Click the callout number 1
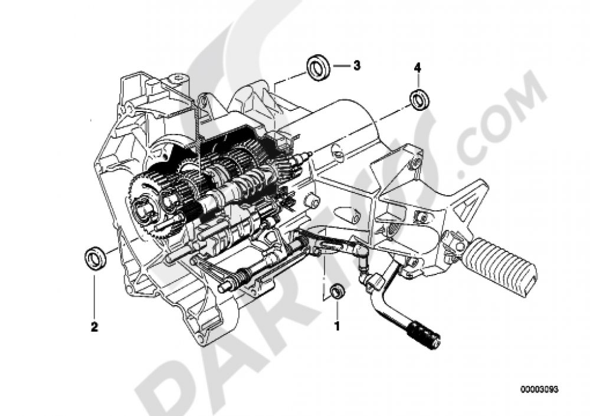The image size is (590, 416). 337,326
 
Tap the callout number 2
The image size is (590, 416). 94,326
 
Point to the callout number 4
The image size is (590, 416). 417,68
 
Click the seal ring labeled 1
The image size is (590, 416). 337,291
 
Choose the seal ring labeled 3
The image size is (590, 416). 319,68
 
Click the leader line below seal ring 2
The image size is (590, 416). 94,294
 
